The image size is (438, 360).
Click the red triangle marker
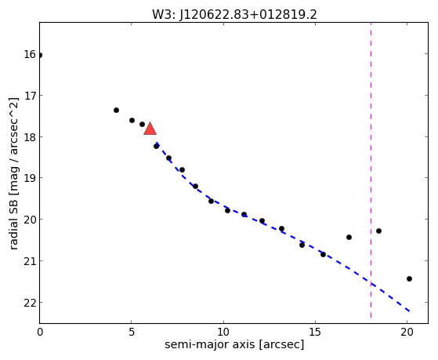click(x=150, y=129)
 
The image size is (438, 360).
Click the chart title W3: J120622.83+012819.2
click(x=234, y=15)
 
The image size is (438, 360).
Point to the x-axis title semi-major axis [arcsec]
click(x=234, y=344)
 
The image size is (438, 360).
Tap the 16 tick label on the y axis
click(x=30, y=54)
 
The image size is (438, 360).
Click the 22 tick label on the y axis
click(x=30, y=303)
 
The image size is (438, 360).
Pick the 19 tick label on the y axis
click(x=30, y=178)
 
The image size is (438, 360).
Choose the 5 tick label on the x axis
click(x=132, y=332)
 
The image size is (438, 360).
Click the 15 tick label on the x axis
click(x=315, y=332)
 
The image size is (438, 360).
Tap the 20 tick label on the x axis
click(x=407, y=332)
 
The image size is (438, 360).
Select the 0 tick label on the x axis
click(x=40, y=332)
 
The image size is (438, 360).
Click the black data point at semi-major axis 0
click(x=40, y=56)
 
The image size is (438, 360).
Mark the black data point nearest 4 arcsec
click(x=116, y=111)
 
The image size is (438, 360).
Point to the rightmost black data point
click(x=409, y=278)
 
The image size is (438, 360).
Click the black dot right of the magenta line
click(x=378, y=231)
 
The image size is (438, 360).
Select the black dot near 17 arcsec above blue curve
click(x=349, y=237)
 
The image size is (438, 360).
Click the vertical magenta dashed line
click(x=371, y=170)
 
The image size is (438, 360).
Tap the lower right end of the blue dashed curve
click(x=409, y=311)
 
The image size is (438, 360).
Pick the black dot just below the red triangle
click(x=156, y=147)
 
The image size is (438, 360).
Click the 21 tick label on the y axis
click(x=30, y=261)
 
